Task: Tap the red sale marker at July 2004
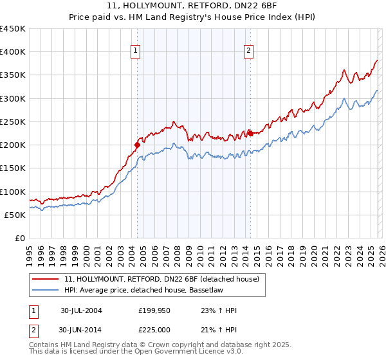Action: point(137,145)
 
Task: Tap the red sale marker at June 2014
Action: point(250,133)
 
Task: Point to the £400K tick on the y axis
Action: point(13,52)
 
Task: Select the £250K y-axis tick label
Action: point(13,122)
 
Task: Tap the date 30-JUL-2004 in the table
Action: point(81,310)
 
